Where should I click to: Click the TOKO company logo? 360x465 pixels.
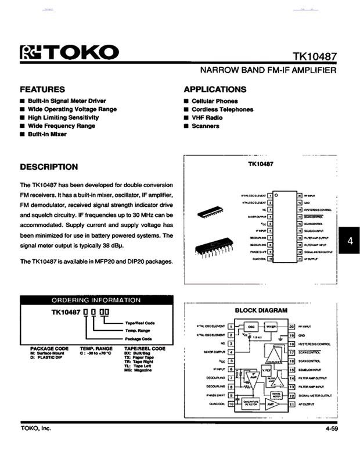point(69,52)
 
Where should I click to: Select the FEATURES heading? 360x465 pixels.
point(42,90)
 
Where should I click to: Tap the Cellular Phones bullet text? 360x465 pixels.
point(214,101)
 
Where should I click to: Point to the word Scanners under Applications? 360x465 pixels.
point(205,126)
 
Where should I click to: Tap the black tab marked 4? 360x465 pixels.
point(350,241)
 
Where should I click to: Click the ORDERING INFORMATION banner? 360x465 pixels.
point(96,300)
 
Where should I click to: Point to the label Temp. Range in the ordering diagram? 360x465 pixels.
point(138,330)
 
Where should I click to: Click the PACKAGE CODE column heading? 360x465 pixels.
point(49,348)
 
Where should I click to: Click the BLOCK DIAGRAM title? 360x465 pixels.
point(261,310)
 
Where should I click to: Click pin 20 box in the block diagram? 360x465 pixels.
point(292,327)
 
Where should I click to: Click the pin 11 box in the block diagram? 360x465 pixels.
point(292,403)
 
